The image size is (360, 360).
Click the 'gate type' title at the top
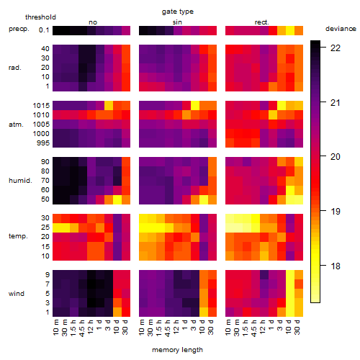point(178,12)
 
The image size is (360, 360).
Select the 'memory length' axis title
point(177,350)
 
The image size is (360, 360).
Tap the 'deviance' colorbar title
point(341,29)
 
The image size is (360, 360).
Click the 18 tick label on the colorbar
point(336,266)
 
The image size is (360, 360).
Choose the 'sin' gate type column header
point(177,22)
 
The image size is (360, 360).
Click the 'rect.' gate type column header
point(261,22)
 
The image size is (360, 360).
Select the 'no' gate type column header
point(93,22)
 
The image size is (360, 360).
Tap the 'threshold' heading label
point(40,17)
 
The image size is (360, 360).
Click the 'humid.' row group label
point(20,181)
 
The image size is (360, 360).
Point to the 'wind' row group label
point(17,294)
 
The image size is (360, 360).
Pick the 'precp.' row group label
point(19,29)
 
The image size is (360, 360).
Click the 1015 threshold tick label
point(41,106)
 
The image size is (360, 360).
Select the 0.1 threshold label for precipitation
point(44,30)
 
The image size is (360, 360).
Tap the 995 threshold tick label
point(43,143)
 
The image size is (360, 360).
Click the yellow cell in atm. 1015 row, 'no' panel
point(109,106)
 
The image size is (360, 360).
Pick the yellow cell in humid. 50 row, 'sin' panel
point(204,199)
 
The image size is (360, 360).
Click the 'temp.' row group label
point(18,236)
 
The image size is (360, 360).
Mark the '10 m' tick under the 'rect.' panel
point(228,328)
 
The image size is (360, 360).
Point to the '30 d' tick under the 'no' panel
point(125,327)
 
